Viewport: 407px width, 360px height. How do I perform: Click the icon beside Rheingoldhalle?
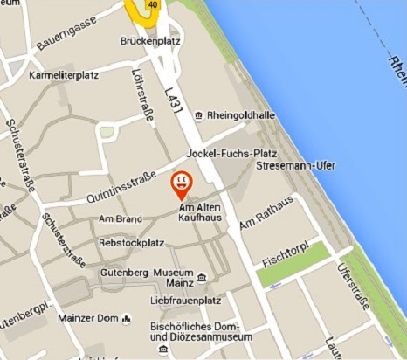pyautogui.click(x=199, y=115)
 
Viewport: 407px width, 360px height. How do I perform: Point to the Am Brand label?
pyautogui.click(x=121, y=218)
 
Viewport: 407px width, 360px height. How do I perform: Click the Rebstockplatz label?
pyautogui.click(x=133, y=242)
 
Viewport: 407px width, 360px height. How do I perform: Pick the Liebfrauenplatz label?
pyautogui.click(x=183, y=301)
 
